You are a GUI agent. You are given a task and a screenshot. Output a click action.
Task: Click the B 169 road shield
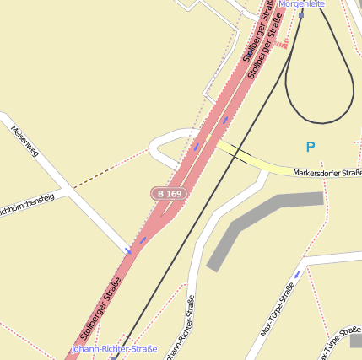tap(168, 194)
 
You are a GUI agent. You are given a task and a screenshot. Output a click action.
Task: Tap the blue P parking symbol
tap(311, 147)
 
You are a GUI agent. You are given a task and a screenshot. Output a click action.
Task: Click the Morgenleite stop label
tap(301, 4)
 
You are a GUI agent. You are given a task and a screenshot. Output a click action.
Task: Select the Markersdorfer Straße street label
tap(327, 173)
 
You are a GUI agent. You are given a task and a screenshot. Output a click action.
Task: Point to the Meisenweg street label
tap(25, 142)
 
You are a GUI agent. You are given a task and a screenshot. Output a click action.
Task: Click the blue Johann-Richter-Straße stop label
tap(114, 348)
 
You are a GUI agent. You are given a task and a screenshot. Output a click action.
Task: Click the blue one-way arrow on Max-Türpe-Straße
tap(296, 275)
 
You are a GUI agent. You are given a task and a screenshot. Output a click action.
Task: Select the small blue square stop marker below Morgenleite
tap(301, 14)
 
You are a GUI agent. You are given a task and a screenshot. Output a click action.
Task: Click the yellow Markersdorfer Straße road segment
tap(262, 165)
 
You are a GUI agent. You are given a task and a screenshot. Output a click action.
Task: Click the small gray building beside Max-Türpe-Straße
tap(356, 341)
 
